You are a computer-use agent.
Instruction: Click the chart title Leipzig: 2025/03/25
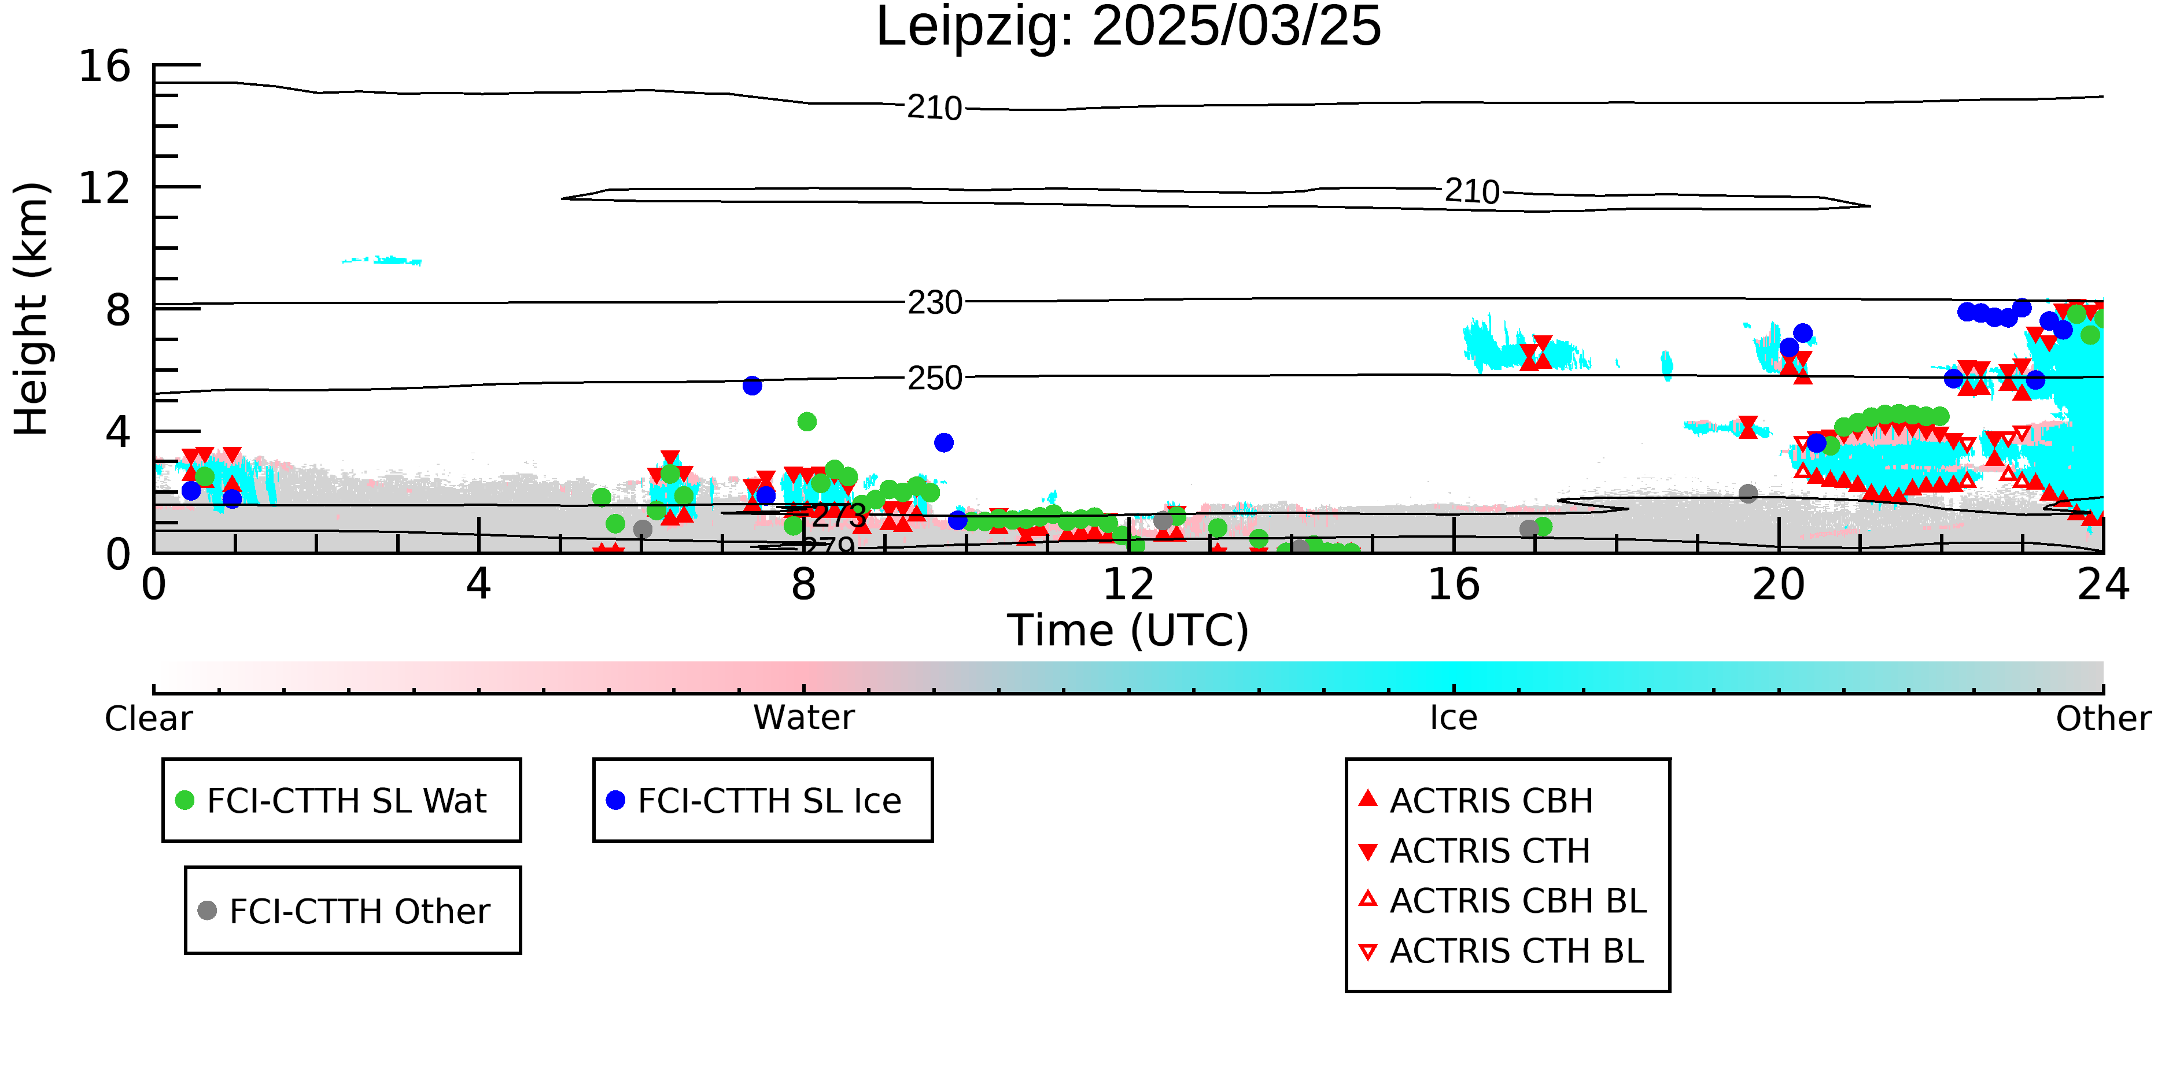point(1128,27)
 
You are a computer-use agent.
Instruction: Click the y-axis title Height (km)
point(32,309)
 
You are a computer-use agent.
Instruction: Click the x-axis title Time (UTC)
point(1128,630)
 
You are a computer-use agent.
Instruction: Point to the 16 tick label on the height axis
point(105,66)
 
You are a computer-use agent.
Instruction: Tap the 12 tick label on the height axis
point(105,188)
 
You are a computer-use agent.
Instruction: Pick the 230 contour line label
point(935,302)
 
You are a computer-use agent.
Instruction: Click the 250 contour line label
point(935,378)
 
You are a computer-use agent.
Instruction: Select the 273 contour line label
point(839,516)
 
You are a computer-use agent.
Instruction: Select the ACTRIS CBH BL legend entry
point(1503,901)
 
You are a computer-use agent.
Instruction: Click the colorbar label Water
point(804,718)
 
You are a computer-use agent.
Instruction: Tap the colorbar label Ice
point(1454,718)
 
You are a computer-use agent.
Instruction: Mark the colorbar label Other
point(2103,719)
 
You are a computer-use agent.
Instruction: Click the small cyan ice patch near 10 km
point(383,261)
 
